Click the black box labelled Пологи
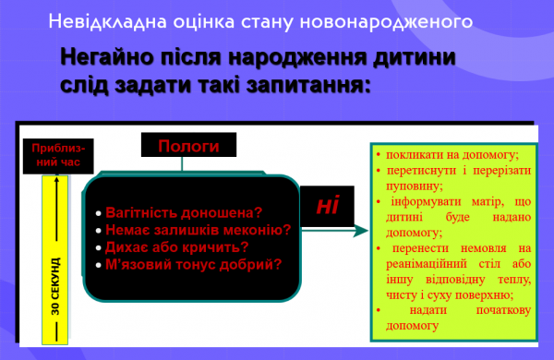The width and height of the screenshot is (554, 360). coord(188,146)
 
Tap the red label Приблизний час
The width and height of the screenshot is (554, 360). coord(57,154)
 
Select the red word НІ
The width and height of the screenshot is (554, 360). coord(328,205)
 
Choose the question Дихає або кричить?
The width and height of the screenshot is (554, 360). coord(177,246)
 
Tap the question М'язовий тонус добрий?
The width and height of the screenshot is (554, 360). coord(193,264)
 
